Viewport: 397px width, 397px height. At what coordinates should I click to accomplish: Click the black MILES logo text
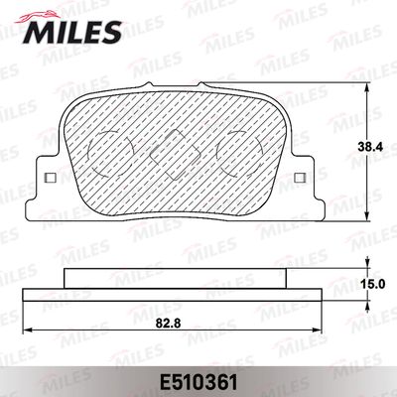(x=72, y=32)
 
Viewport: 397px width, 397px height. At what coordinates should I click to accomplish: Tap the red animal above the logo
(x=38, y=16)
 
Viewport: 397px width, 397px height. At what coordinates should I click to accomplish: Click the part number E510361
(x=198, y=382)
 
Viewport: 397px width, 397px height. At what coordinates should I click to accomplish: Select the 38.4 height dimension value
(x=371, y=147)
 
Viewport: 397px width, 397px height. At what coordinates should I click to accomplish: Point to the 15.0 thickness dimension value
(x=373, y=284)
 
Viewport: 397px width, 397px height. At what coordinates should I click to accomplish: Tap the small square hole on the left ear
(x=51, y=178)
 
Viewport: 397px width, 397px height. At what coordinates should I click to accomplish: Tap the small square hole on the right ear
(x=300, y=178)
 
